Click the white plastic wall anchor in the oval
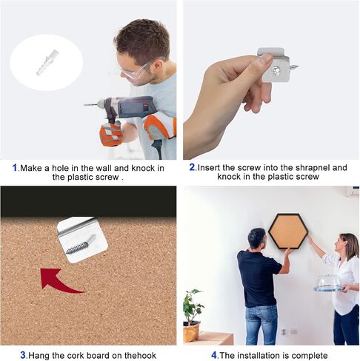point(47,63)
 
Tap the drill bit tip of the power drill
point(84,105)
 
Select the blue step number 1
point(15,168)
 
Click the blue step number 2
point(193,167)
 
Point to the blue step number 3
point(23,355)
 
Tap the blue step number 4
point(214,355)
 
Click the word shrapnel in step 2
point(313,168)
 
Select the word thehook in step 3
point(140,355)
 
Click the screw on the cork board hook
point(81,245)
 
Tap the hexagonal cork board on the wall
point(288,232)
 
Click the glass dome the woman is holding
point(328,284)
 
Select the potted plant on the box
point(192,316)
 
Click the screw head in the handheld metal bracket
point(276,71)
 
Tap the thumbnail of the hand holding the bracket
point(266,59)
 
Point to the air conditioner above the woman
point(353,192)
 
